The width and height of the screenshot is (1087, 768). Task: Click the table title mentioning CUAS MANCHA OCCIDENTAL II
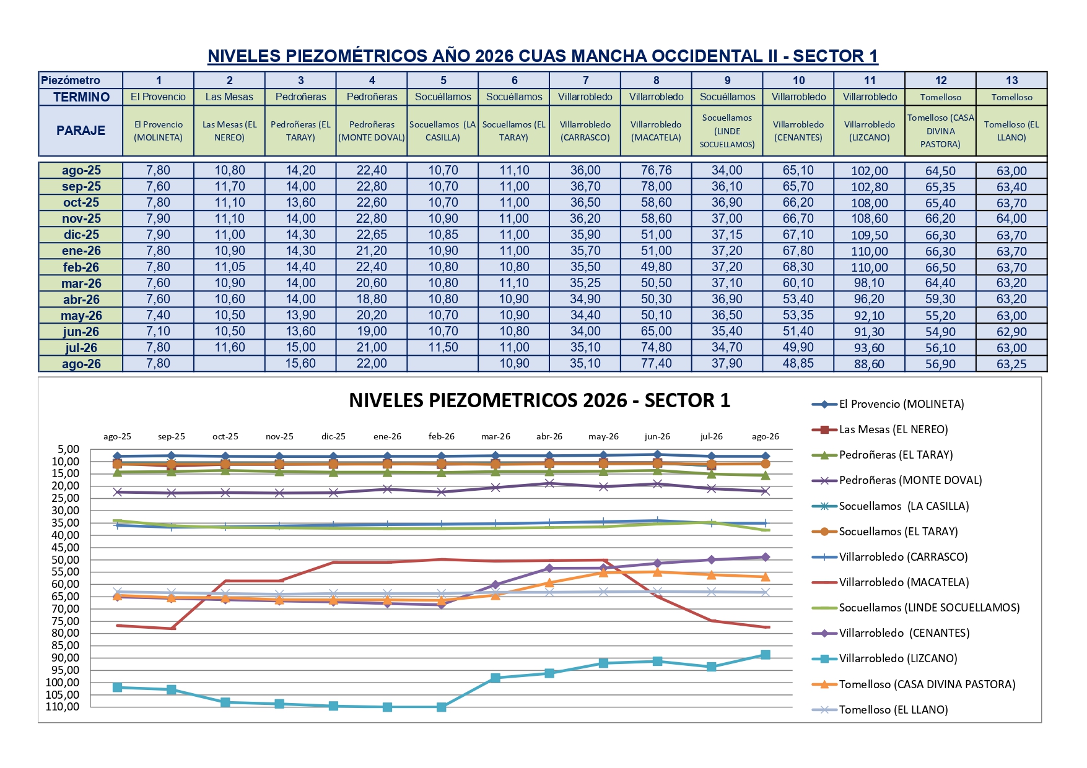point(543,56)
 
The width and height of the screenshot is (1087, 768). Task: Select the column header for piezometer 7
point(585,80)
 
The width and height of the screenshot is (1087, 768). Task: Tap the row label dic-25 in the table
point(81,235)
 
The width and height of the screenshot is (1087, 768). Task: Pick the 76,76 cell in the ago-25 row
point(656,170)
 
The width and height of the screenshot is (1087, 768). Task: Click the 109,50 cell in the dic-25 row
point(870,235)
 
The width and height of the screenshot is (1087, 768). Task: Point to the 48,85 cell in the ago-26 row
point(798,363)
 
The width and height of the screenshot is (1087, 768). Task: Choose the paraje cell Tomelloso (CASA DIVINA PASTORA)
point(940,131)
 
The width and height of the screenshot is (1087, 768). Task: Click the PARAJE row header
point(81,131)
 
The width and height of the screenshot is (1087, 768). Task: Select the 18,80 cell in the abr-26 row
point(372,299)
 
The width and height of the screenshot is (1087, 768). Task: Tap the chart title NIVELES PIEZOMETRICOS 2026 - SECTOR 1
point(539,400)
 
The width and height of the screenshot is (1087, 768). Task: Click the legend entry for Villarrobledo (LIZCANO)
point(885,658)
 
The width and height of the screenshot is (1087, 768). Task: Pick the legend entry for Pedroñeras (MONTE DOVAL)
point(897,480)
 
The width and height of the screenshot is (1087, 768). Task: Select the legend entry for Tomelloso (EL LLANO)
point(880,710)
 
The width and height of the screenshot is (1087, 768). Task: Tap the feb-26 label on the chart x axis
point(441,436)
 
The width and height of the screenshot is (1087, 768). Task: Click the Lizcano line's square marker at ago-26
point(766,655)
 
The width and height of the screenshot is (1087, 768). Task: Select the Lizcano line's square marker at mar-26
point(495,678)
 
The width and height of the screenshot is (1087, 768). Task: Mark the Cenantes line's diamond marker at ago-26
point(766,557)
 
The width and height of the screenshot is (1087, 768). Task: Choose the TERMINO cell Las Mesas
point(229,97)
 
